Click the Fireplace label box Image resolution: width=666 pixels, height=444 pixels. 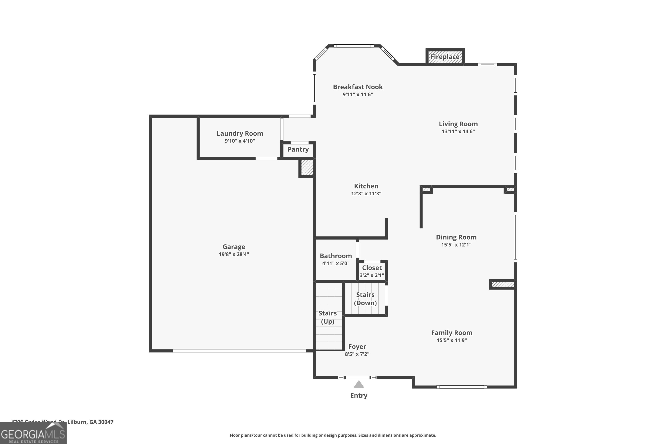pyautogui.click(x=445, y=57)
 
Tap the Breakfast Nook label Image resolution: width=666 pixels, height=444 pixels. pyautogui.click(x=358, y=87)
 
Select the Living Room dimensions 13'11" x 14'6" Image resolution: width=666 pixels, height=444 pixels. pyautogui.click(x=458, y=131)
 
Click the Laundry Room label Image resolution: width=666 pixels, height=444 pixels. pyautogui.click(x=240, y=133)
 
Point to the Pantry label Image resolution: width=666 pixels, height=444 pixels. pyautogui.click(x=298, y=149)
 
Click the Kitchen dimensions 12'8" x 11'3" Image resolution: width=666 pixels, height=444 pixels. pyautogui.click(x=366, y=194)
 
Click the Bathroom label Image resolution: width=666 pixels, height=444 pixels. pyautogui.click(x=336, y=256)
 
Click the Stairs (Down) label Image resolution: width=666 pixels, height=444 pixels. pyautogui.click(x=365, y=299)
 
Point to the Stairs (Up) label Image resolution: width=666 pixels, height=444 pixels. pyautogui.click(x=328, y=317)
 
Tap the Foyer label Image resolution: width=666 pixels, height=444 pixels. pyautogui.click(x=357, y=347)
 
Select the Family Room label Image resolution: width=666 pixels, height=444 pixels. pyautogui.click(x=452, y=333)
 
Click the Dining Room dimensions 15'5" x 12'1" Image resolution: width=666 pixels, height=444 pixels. pyautogui.click(x=456, y=245)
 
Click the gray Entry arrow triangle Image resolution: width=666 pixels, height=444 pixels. pyautogui.click(x=359, y=385)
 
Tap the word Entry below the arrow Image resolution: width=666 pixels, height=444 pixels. pyautogui.click(x=359, y=396)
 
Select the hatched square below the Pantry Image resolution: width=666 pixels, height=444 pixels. pyautogui.click(x=307, y=168)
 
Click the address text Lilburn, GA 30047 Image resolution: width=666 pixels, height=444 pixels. pyautogui.click(x=90, y=422)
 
